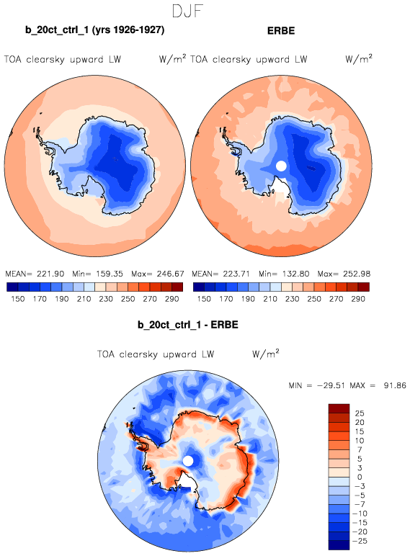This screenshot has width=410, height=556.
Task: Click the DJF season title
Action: click(187, 11)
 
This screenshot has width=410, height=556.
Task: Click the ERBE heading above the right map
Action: click(281, 31)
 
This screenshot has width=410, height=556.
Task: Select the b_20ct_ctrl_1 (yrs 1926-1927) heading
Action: click(95, 30)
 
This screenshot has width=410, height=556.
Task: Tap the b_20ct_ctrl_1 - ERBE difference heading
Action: click(188, 325)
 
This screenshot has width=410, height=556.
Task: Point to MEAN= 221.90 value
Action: click(35, 274)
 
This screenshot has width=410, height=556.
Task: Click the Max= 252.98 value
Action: click(344, 274)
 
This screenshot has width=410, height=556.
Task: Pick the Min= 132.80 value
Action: click(284, 274)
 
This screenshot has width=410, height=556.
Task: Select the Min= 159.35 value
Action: click(97, 274)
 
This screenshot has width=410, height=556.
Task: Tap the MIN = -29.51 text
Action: click(317, 385)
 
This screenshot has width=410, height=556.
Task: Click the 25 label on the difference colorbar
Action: click(360, 413)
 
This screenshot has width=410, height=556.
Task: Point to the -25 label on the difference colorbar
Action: click(360, 541)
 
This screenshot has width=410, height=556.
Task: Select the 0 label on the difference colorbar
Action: click(360, 477)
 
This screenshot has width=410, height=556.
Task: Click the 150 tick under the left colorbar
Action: click(18, 299)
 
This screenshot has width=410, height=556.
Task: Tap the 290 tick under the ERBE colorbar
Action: click(358, 299)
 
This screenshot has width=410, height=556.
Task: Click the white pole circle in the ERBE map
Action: click(281, 166)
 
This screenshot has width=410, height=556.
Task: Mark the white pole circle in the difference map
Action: click(188, 461)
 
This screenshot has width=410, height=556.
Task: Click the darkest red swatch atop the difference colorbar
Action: click(339, 408)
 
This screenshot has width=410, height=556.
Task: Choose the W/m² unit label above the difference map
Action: click(266, 354)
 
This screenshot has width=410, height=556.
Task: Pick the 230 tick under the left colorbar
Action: click(106, 299)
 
